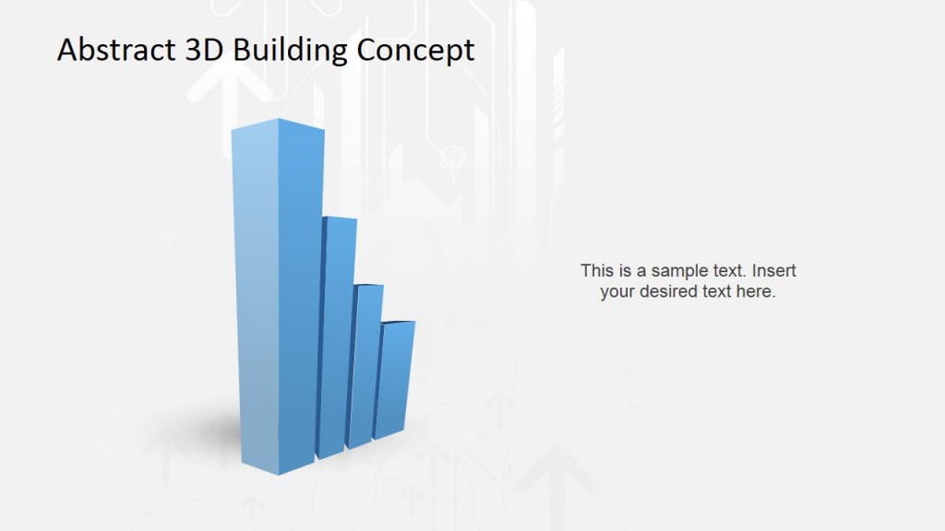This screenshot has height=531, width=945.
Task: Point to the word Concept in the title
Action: (415, 50)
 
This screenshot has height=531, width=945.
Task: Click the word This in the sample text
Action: (596, 271)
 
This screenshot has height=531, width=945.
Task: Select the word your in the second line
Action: (618, 292)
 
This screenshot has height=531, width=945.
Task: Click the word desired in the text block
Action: (671, 292)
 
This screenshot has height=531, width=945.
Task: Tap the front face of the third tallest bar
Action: (364, 369)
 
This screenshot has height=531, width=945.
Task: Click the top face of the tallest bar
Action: (278, 125)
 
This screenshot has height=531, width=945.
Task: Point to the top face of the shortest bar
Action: (398, 322)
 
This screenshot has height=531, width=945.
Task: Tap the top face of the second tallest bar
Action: (339, 218)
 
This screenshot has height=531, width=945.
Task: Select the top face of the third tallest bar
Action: (369, 286)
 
